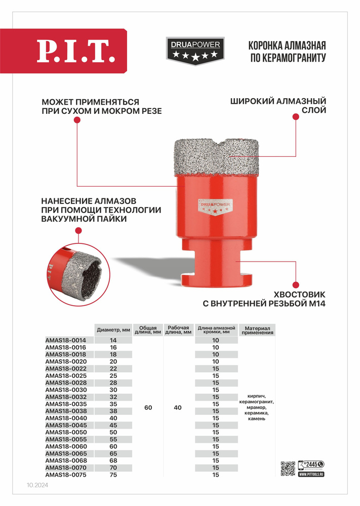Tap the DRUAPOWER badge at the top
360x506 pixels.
pos(195,51)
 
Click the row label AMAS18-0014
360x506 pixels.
pos(66,340)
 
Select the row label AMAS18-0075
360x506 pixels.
pos(66,475)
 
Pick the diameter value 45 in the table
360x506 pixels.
pos(113,425)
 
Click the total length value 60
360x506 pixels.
pos(148,407)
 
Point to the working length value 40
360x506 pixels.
pos(178,407)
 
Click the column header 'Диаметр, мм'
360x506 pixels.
pos(113,329)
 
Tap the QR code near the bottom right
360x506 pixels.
pos(288,468)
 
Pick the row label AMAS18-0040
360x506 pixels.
pos(66,417)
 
